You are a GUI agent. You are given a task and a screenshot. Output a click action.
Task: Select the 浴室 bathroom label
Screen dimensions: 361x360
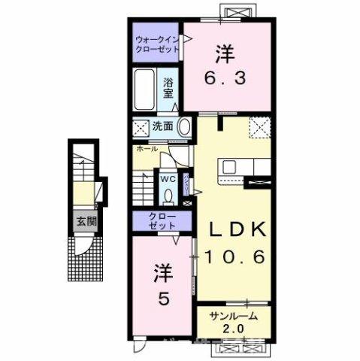click(x=169, y=87)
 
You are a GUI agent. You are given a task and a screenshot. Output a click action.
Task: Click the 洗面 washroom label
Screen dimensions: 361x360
click(x=164, y=126)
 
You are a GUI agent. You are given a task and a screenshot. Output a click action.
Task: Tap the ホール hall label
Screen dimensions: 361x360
click(x=147, y=149)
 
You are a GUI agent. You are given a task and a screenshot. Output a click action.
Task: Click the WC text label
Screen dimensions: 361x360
click(x=167, y=180)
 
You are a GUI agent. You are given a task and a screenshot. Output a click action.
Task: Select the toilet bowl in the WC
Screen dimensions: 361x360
click(x=167, y=195)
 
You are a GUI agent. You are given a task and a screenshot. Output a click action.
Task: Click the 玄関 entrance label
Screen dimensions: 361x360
click(x=85, y=221)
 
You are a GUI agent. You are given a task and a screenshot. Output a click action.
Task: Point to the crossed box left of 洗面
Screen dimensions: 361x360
click(x=141, y=126)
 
